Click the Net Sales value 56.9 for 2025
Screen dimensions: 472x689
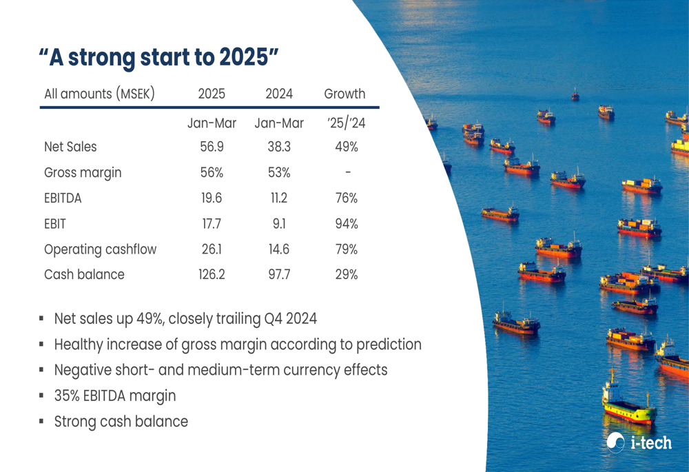[x=212, y=147]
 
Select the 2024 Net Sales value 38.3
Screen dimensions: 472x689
[x=278, y=147]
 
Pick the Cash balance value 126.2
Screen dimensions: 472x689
[x=212, y=274]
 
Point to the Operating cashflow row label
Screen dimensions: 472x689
[x=100, y=249]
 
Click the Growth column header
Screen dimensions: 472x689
[x=344, y=94]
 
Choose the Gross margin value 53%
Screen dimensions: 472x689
[x=278, y=172]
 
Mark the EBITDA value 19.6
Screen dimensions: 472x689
[x=212, y=198]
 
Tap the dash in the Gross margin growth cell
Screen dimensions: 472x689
[x=347, y=172]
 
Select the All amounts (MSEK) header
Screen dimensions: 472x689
[x=99, y=94]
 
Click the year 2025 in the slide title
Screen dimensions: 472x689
[x=244, y=58]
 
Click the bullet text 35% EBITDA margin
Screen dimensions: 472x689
[x=114, y=396]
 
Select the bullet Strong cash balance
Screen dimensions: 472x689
[x=121, y=421]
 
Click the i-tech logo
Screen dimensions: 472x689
[x=639, y=442]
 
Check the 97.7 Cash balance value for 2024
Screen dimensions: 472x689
[x=278, y=274]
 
